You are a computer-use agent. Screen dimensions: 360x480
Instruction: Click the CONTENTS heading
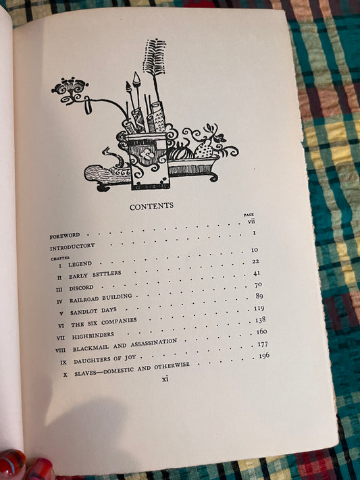[x=151, y=207]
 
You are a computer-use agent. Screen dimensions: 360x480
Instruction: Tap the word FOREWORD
[x=65, y=236]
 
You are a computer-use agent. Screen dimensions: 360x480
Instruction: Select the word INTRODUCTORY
[x=72, y=246]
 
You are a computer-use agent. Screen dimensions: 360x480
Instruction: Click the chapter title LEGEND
[x=80, y=264]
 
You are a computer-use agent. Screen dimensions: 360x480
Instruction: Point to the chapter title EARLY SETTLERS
[x=95, y=275]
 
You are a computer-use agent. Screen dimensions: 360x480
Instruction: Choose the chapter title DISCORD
[x=81, y=288]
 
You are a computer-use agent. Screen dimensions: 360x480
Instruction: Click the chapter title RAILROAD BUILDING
[x=101, y=298]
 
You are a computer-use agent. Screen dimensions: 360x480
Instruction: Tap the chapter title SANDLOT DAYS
[x=93, y=311]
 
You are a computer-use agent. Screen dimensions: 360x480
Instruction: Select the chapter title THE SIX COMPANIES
[x=104, y=322]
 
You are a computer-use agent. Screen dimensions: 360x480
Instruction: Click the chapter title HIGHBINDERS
[x=93, y=336]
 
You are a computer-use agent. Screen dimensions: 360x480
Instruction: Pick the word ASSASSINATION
[x=154, y=343]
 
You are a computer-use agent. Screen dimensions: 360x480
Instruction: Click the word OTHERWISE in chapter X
[x=172, y=366]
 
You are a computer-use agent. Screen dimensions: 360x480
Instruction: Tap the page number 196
[x=264, y=355]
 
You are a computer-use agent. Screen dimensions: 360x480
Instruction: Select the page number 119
[x=259, y=308]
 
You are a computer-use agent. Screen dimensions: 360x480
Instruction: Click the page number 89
[x=259, y=296]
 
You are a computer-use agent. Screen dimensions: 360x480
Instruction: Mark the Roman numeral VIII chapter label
[x=60, y=350]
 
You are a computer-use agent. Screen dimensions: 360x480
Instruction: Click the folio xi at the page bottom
[x=165, y=379]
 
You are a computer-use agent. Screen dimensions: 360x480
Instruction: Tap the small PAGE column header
[x=249, y=215]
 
